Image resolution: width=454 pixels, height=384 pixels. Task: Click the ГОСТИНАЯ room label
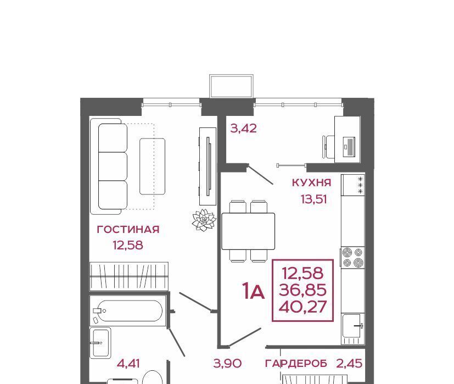128,230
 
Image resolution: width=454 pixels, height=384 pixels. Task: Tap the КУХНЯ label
312,182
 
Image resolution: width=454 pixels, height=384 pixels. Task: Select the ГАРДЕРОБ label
296,364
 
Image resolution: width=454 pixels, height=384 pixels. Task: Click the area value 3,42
244,128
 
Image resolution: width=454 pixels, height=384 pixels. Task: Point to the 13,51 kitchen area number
314,199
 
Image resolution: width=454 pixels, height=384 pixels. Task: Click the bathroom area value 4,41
128,364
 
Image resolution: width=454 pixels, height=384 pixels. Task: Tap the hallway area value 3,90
228,364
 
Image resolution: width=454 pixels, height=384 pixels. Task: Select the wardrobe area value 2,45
349,364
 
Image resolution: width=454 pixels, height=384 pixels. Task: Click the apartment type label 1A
254,291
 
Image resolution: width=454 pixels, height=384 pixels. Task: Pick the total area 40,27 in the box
303,307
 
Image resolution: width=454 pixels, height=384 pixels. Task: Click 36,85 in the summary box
303,290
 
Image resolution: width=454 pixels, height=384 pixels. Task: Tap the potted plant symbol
204,220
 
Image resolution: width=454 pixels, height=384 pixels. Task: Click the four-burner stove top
352,257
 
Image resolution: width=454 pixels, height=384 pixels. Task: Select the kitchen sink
352,325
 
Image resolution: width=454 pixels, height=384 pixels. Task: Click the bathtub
127,311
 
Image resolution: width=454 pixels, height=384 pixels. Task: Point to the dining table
248,231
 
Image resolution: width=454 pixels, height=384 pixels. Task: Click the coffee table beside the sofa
153,166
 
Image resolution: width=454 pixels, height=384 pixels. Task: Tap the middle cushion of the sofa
113,166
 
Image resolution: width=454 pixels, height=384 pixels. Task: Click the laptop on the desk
349,147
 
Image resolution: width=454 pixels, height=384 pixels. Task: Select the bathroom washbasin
100,343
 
